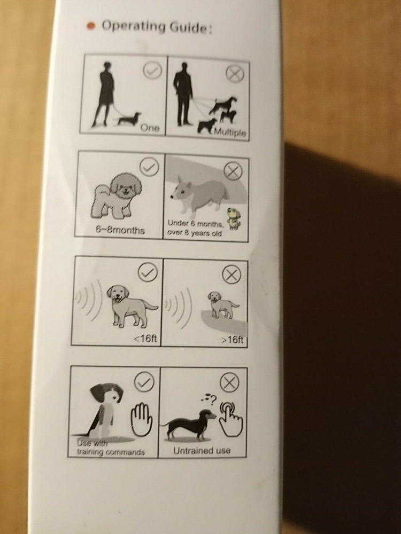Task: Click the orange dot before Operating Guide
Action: tap(91, 26)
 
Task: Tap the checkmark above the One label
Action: tap(152, 70)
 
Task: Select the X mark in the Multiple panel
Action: tap(234, 74)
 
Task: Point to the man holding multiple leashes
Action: tap(183, 94)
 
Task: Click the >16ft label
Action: tap(232, 341)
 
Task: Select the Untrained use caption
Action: tap(202, 450)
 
